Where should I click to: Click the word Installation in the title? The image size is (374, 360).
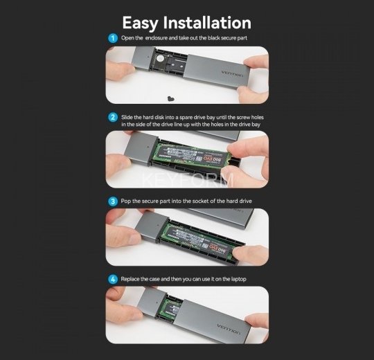(213, 24)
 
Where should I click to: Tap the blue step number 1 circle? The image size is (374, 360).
(113, 38)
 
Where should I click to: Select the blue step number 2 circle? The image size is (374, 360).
(113, 118)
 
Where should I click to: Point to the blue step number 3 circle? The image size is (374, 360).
(113, 201)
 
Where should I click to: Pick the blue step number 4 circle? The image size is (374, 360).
(113, 278)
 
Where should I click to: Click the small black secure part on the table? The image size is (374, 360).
(170, 97)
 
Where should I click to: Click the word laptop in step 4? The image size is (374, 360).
(237, 278)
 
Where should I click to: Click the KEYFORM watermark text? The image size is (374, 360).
(187, 181)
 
